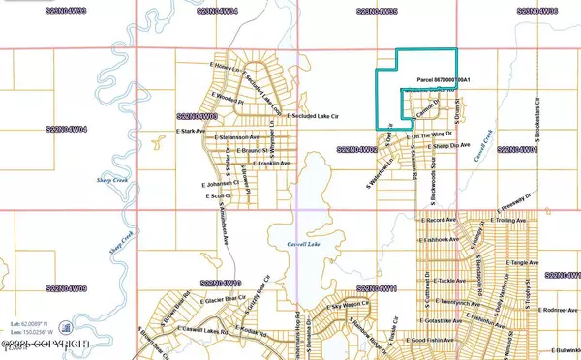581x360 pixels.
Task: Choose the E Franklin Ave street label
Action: [256, 163]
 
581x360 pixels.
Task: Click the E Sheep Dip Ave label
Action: [450, 146]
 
